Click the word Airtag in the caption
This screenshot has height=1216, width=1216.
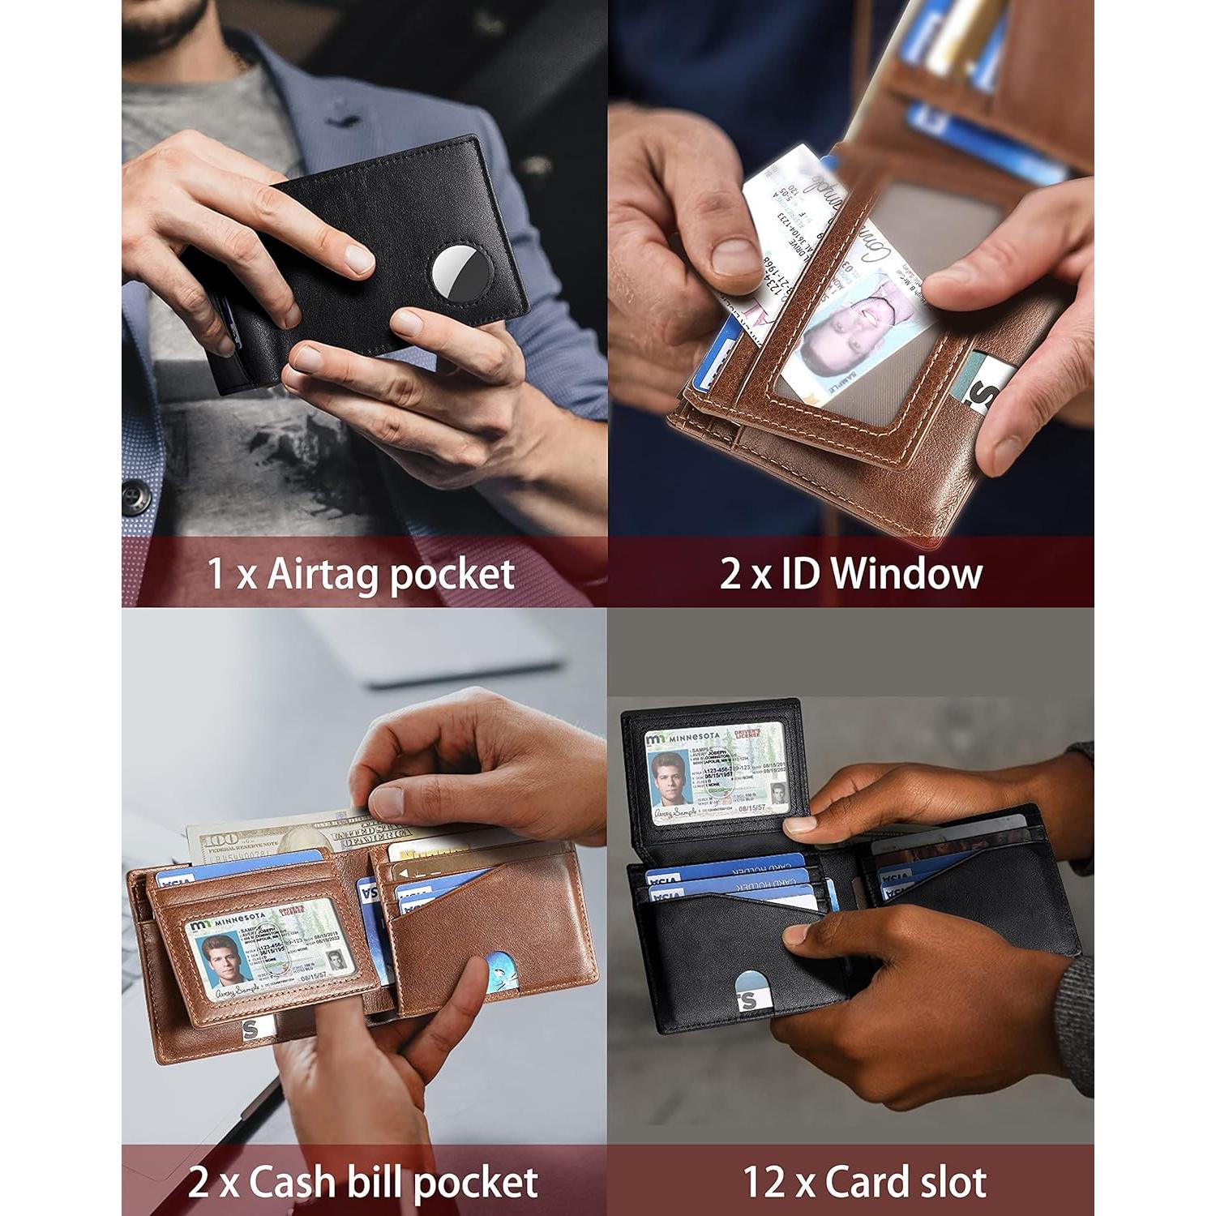coord(323,575)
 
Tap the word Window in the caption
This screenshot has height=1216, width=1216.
coord(906,573)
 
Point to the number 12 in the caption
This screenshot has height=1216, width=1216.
coord(763,1182)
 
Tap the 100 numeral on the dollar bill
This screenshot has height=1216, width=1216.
coord(219,838)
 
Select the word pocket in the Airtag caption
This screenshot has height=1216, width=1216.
coord(452,575)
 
